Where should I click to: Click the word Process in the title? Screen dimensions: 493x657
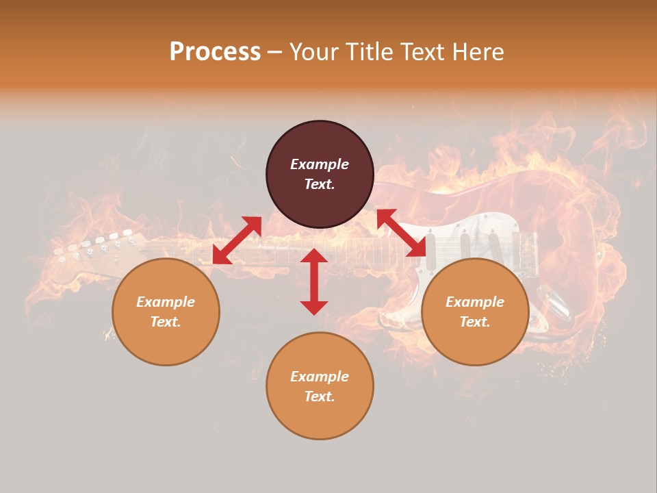215,52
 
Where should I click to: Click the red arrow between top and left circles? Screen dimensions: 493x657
237,240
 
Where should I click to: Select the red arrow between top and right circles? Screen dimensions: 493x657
402,233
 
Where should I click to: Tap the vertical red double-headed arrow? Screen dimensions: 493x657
314,281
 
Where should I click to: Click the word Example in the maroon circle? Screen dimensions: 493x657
320,164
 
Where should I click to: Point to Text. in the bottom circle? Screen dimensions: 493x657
320,396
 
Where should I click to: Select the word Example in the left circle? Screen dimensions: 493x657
166,302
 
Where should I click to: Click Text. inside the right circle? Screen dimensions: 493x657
475,322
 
